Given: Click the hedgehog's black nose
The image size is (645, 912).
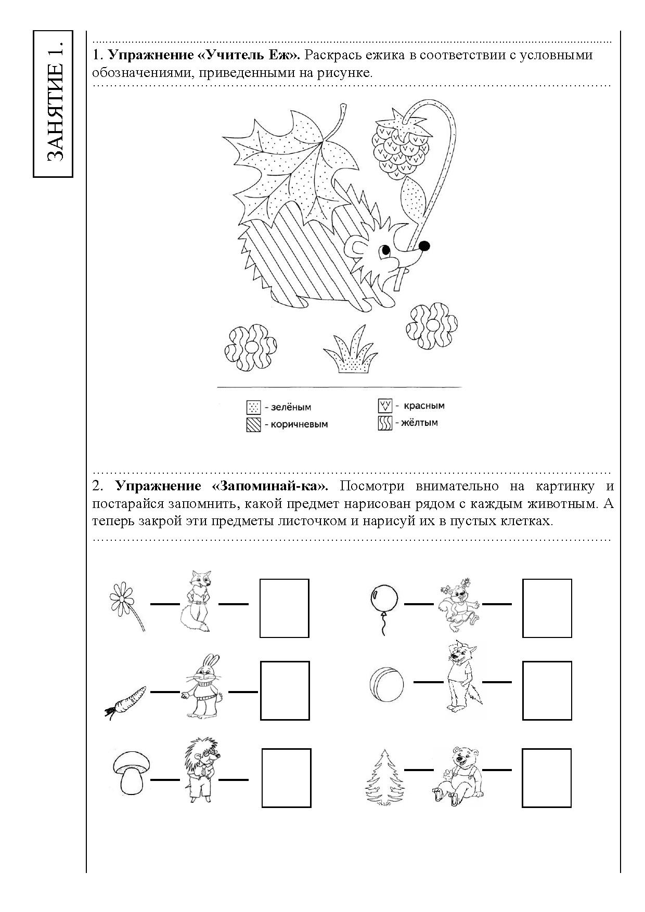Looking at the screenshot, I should (x=424, y=245).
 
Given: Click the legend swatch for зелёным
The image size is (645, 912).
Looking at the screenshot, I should (x=253, y=407).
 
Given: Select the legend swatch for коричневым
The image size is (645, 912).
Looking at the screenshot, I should (x=253, y=425).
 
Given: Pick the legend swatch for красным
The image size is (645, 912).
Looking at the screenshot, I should (x=385, y=406).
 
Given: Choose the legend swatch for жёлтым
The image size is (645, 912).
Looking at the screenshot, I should (x=385, y=423).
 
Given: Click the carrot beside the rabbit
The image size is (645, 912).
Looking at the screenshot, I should (x=125, y=701).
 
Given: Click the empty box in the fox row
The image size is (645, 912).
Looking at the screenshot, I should (x=285, y=608).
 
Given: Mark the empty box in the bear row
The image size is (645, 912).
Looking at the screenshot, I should (x=547, y=778).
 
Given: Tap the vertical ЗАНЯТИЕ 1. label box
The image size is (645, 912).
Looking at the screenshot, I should (x=53, y=104).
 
